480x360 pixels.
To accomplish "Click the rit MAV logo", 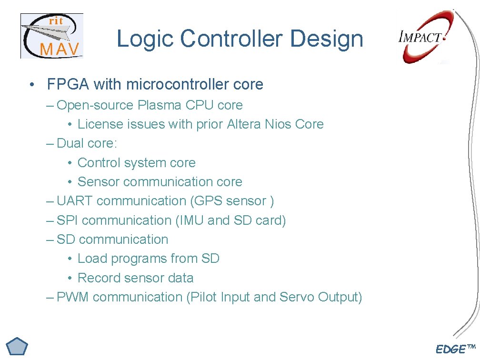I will [x=51, y=36].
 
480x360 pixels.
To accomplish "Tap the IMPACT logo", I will [x=422, y=38].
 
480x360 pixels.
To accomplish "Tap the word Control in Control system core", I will [x=99, y=163].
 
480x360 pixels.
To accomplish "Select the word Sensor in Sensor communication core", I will [x=99, y=182].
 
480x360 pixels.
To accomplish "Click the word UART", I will [x=75, y=201].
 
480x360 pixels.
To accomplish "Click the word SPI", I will [x=68, y=220].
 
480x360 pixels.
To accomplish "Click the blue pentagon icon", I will [x=17, y=348].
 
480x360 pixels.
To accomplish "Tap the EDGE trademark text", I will [x=455, y=350].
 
